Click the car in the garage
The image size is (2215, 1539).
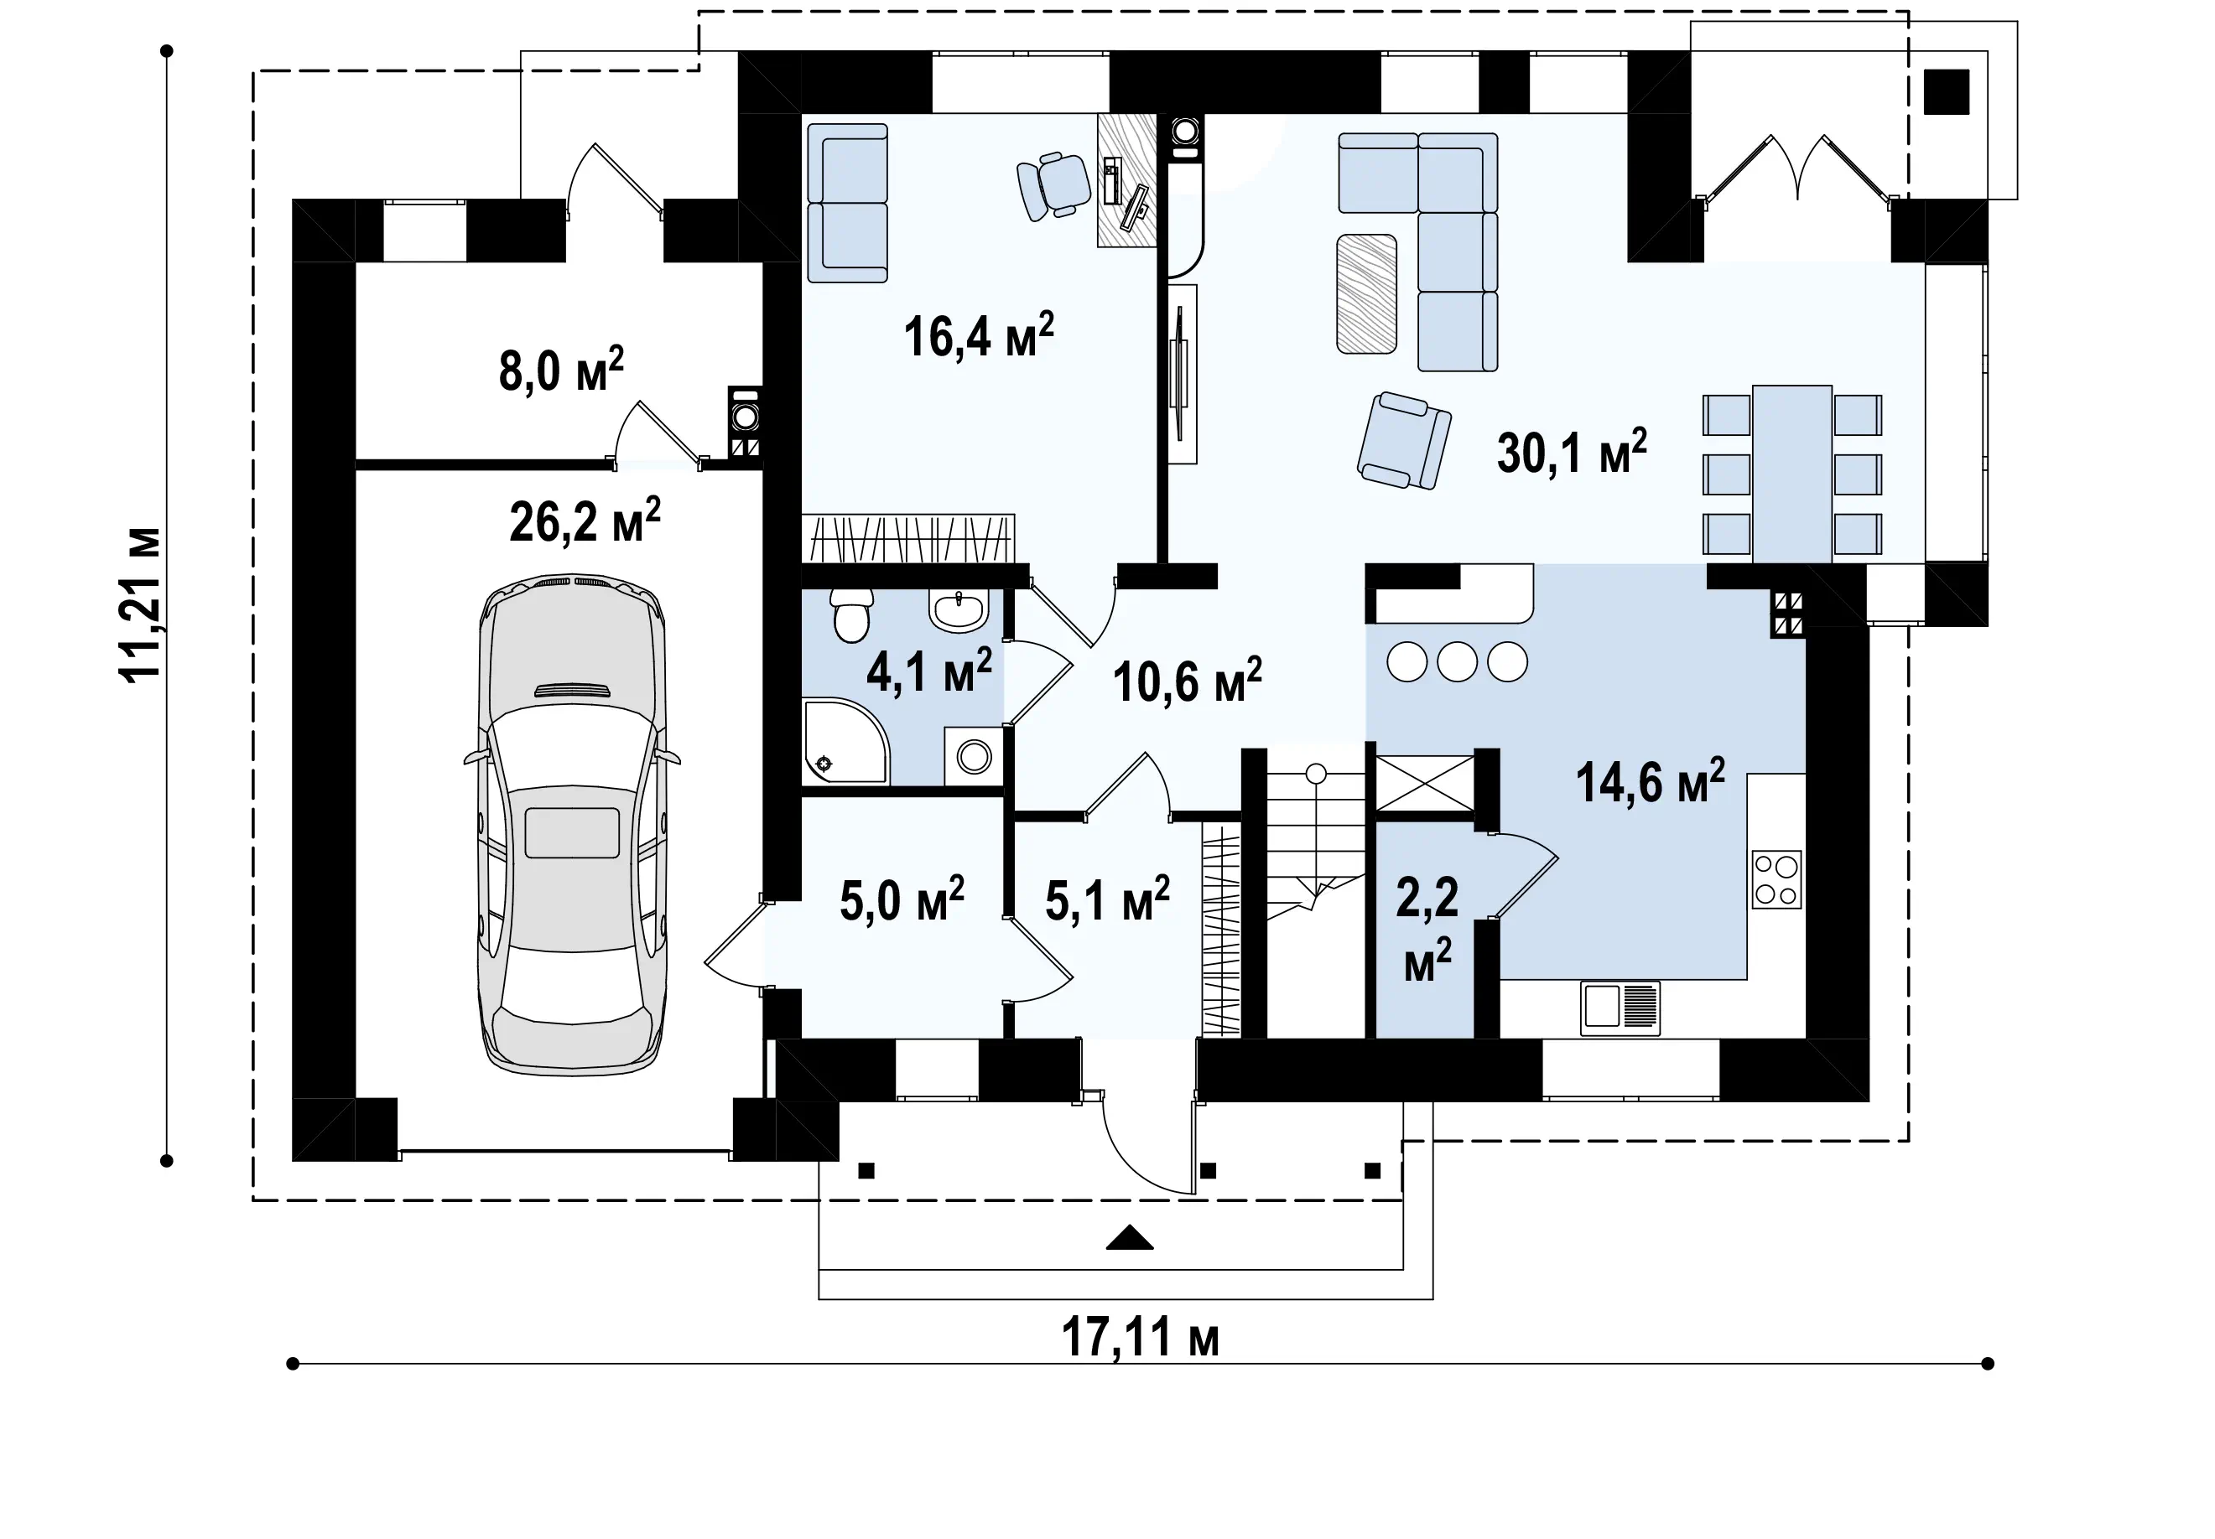(x=572, y=825)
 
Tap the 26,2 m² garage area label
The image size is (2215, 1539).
(x=585, y=521)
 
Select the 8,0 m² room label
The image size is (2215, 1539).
(x=561, y=370)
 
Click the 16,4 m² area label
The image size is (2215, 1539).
(x=978, y=335)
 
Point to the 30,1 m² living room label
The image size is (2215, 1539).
(x=1572, y=451)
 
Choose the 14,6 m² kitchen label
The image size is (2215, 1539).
(x=1651, y=781)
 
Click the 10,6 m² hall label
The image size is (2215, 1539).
(x=1188, y=681)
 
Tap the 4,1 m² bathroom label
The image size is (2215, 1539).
(x=929, y=671)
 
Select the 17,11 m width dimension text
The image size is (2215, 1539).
(x=1141, y=1338)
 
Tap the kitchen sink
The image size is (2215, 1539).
(x=1620, y=1008)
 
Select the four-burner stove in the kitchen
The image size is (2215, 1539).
(x=1777, y=879)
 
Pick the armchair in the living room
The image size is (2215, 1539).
(x=1405, y=441)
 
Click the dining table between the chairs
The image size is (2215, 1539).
(x=1792, y=474)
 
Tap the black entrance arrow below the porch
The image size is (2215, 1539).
(x=1130, y=1237)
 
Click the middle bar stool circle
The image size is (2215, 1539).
(x=1458, y=662)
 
